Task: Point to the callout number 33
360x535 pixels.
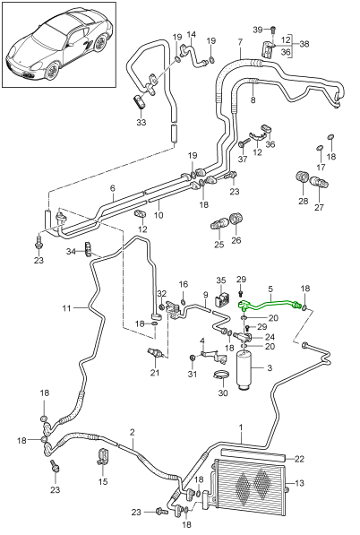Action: pos(141,122)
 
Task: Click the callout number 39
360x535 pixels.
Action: pos(258,30)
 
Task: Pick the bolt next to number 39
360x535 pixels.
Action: pos(272,30)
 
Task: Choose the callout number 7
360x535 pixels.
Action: pos(240,43)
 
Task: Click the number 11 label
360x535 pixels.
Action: pos(67,308)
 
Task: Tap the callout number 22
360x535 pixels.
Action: pos(299,459)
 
